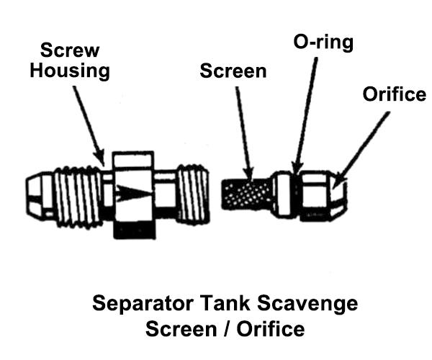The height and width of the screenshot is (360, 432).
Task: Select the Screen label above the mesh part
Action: tap(233, 71)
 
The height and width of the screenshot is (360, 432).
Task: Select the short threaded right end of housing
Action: tap(192, 193)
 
